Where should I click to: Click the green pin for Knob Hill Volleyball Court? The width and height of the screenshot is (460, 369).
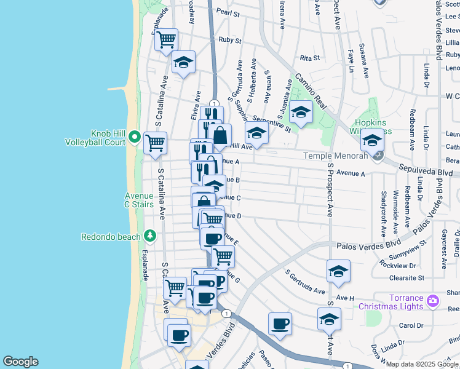pyautogui.click(x=134, y=137)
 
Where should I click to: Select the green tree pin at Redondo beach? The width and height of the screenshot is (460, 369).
pyautogui.click(x=149, y=236)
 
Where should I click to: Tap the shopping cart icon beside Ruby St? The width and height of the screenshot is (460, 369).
pyautogui.click(x=166, y=41)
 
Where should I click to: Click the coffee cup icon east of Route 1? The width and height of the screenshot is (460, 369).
pyautogui.click(x=280, y=323)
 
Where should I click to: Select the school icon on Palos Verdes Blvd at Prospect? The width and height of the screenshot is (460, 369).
pyautogui.click(x=338, y=271)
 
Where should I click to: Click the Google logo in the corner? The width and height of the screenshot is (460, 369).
pyautogui.click(x=20, y=362)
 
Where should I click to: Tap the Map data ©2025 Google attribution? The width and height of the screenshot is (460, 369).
pyautogui.click(x=422, y=364)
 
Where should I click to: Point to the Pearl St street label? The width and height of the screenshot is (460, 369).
pyautogui.click(x=227, y=12)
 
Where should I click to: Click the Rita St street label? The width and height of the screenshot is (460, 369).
pyautogui.click(x=310, y=58)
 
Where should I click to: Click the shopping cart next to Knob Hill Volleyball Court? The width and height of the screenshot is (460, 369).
pyautogui.click(x=155, y=143)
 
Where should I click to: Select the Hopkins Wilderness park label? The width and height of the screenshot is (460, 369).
pyautogui.click(x=367, y=127)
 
